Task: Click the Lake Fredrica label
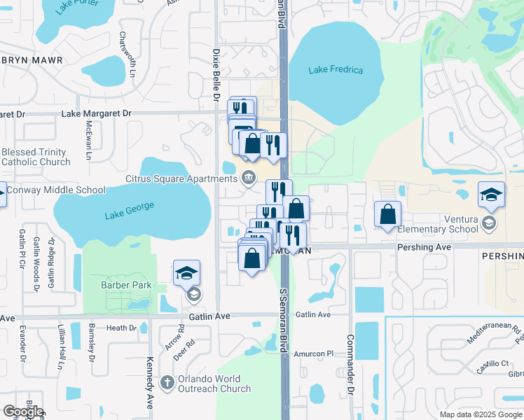coord(336,70)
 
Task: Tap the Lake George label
coord(130,211)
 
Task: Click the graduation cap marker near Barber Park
coord(187,273)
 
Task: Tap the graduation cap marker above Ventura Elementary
coord(492,195)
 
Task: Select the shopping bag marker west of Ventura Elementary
coord(387,214)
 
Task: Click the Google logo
coord(22,412)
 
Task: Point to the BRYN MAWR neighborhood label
coord(32,61)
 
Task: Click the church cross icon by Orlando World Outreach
coord(167,383)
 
